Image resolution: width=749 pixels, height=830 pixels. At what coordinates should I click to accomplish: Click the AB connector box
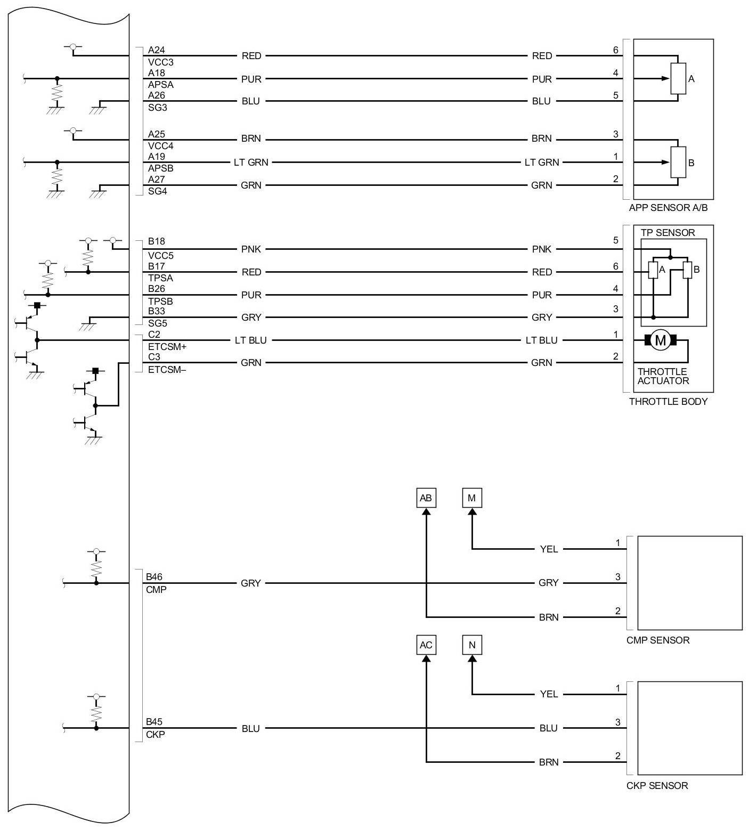[426, 498]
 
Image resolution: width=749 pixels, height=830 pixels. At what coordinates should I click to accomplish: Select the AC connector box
[426, 645]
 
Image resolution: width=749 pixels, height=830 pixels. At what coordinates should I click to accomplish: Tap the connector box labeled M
[471, 498]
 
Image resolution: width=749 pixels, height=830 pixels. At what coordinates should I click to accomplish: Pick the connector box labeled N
[472, 645]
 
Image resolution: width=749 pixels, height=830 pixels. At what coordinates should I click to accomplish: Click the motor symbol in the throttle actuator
[661, 340]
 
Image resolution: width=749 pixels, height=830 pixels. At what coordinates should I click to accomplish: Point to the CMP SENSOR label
[658, 640]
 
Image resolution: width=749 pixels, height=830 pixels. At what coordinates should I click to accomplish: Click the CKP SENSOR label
[657, 786]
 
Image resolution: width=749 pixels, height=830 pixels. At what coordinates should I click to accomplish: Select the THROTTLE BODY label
[669, 402]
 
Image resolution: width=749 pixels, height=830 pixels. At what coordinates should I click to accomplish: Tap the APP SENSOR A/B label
[669, 208]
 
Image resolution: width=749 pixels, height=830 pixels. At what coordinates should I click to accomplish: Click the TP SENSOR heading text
[668, 233]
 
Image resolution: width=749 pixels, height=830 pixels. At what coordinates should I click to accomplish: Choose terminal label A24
[157, 50]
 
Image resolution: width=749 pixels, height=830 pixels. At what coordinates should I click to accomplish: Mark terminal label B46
[154, 577]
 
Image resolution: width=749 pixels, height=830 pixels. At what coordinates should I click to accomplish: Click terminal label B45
[154, 722]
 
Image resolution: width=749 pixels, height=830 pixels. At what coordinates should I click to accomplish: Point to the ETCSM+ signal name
[167, 347]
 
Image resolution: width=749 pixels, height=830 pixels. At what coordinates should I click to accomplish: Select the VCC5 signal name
[161, 256]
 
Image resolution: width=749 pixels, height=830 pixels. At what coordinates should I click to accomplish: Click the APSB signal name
[161, 168]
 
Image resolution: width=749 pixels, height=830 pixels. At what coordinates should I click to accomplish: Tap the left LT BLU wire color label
[251, 340]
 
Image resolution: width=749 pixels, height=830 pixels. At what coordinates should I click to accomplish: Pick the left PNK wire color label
[251, 249]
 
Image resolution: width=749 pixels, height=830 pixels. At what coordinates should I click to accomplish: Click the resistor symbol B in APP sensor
[678, 162]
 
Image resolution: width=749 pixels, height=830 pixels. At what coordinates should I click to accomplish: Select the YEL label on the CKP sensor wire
[549, 694]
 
